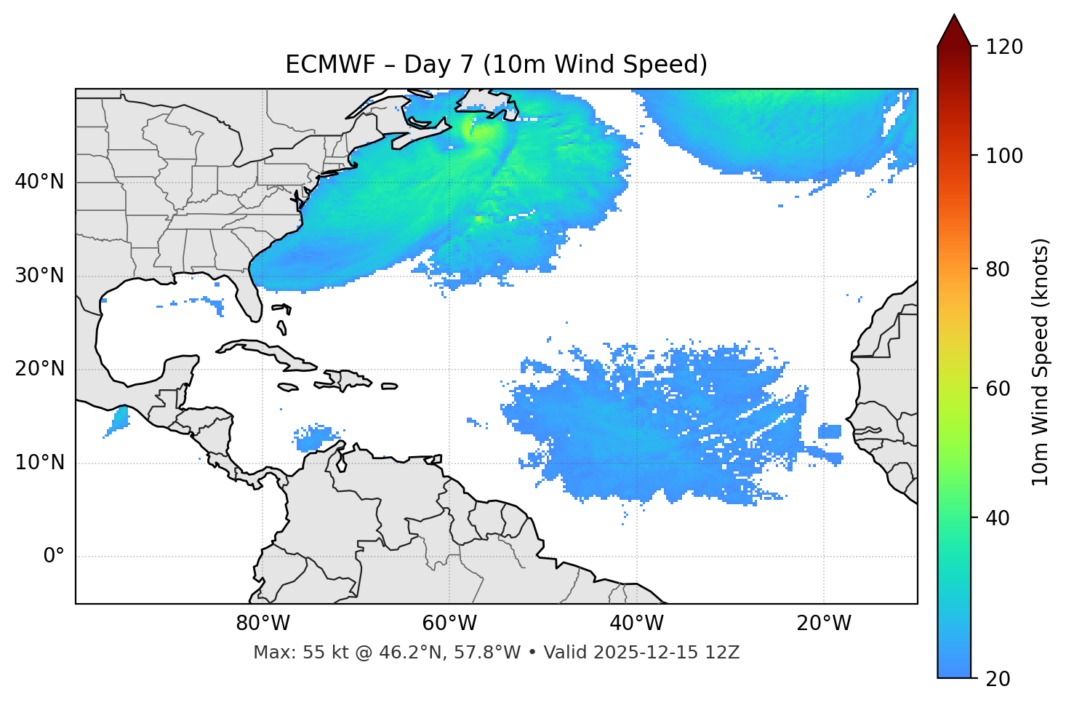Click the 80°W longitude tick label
coord(263,624)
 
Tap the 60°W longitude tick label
coord(449,624)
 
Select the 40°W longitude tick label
coord(636,624)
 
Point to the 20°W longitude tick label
coord(823,624)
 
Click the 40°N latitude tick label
coord(39,182)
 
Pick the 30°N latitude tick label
coord(39,276)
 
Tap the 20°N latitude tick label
coord(39,369)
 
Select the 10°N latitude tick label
coord(39,463)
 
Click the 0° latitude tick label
coord(54,557)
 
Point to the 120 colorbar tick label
coord(1003,47)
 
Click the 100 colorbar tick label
coord(1003,156)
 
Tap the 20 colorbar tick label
coord(998,679)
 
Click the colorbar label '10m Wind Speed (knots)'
coord(1041,362)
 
